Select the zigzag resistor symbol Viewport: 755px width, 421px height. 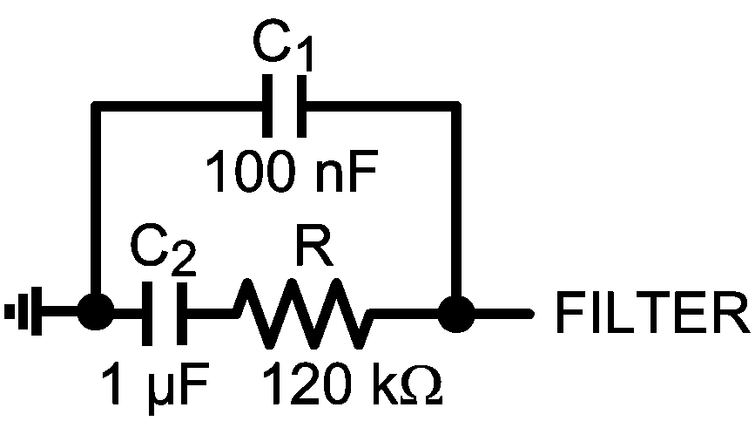(306, 311)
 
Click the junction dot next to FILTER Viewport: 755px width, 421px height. (455, 311)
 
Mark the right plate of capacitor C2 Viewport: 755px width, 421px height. (182, 311)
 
